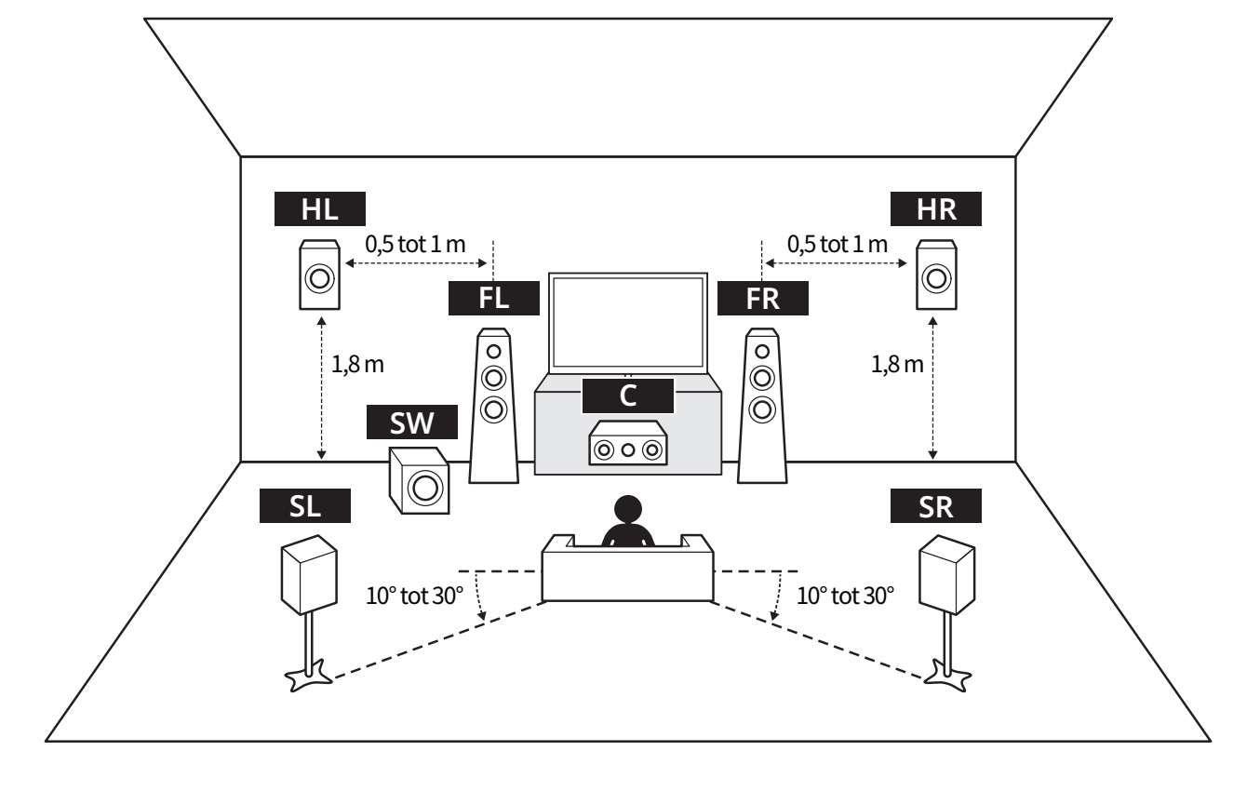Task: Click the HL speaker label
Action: (319, 208)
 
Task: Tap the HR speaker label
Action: (936, 208)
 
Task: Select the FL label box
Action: (494, 298)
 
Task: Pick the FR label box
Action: (763, 298)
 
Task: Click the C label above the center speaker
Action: (628, 395)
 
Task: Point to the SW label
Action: (411, 422)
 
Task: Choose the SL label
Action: (305, 505)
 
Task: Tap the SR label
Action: (936, 505)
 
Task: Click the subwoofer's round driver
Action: (424, 488)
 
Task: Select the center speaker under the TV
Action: (628, 444)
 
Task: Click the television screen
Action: (628, 322)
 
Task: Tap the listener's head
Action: (628, 509)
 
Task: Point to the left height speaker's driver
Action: (319, 278)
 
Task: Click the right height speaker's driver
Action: (936, 278)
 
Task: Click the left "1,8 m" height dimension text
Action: (357, 365)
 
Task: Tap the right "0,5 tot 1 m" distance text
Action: (837, 244)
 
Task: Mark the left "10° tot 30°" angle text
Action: (414, 596)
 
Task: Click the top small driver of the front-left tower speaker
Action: (494, 352)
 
